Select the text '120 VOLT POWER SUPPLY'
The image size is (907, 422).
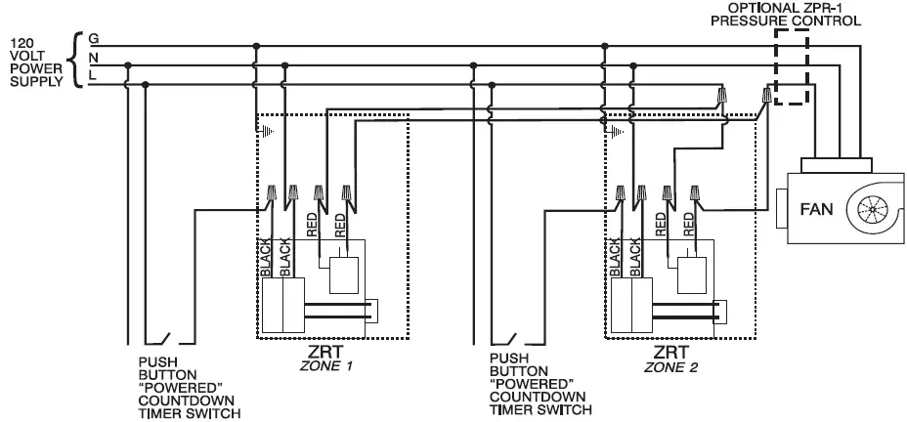(x=34, y=62)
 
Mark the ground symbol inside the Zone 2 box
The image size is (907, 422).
(x=616, y=127)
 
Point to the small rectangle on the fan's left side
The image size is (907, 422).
(x=783, y=207)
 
